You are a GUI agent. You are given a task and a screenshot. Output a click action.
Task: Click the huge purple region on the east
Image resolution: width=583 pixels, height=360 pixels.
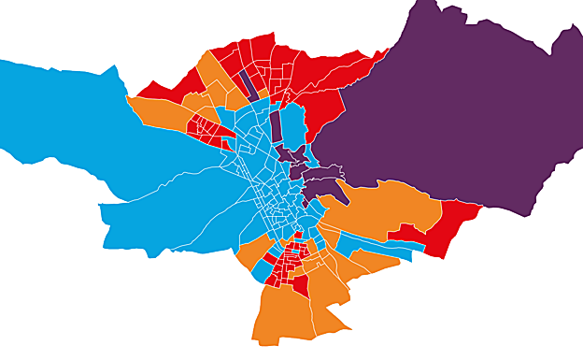(x=448, y=103)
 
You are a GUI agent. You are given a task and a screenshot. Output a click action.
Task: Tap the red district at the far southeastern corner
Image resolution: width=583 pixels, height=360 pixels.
(x=453, y=224)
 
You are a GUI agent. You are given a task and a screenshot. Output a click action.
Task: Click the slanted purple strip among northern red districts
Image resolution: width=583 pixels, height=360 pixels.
(x=249, y=84)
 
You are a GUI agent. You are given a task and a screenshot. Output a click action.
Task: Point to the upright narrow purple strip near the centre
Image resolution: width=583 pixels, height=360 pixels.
(x=276, y=126)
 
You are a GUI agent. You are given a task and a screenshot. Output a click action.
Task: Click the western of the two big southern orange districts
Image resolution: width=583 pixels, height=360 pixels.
(x=280, y=313)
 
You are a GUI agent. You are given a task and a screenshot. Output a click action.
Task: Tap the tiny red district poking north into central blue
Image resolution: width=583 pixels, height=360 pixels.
(x=298, y=236)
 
